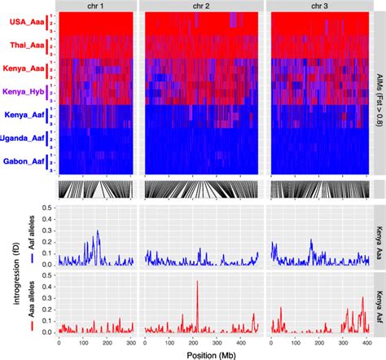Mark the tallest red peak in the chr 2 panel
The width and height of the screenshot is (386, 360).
point(197,283)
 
